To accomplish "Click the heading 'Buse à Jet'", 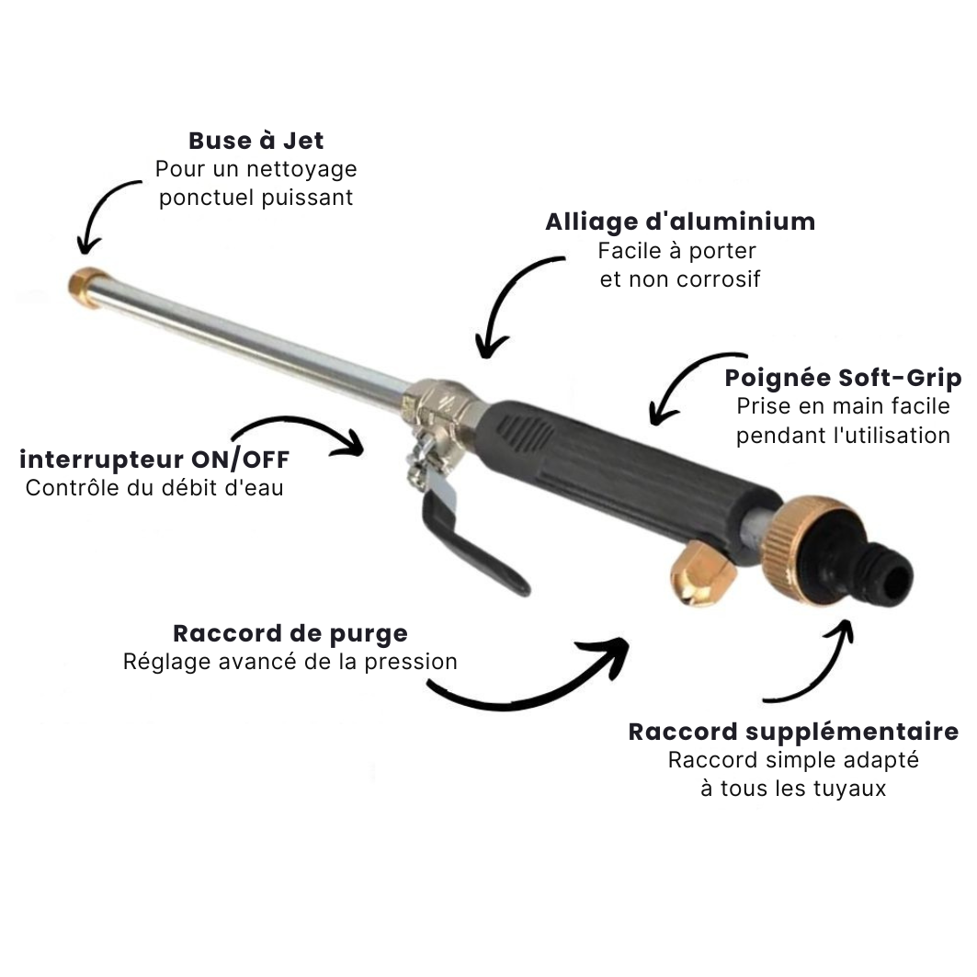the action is click(256, 141).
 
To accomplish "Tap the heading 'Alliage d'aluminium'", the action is click(680, 222).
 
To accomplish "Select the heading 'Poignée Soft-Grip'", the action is click(843, 379).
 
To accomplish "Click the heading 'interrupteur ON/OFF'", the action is click(154, 460).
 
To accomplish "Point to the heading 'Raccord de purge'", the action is click(290, 633).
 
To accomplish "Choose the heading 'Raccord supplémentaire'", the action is click(793, 733).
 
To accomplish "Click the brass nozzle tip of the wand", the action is click(85, 288).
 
